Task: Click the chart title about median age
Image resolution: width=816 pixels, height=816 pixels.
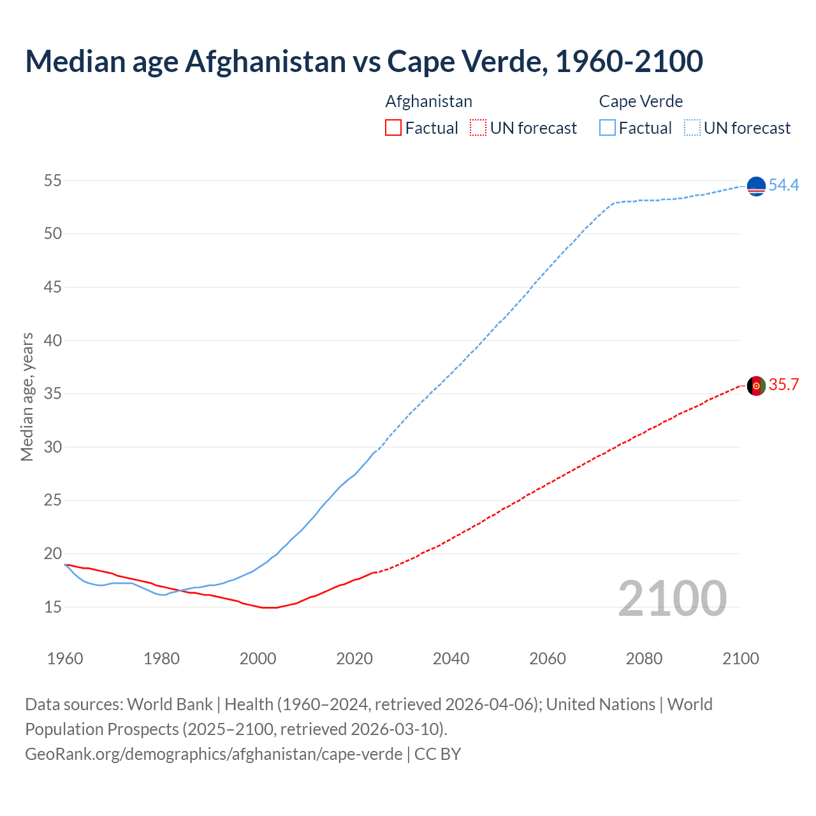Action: point(364,61)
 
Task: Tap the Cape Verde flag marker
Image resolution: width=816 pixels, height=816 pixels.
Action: point(756,186)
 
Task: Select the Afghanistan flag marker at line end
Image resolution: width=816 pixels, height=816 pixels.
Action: point(756,386)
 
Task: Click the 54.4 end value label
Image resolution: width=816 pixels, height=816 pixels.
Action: point(783,186)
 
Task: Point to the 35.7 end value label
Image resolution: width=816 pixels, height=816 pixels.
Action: point(783,385)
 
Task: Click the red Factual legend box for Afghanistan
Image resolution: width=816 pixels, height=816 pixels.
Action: point(393,128)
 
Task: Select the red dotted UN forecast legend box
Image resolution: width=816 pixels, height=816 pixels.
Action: point(478,128)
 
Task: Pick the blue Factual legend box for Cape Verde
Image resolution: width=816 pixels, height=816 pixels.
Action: point(608,128)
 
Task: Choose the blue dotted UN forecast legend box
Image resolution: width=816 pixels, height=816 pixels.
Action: point(692,128)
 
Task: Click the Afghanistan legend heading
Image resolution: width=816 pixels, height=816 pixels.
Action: point(428,101)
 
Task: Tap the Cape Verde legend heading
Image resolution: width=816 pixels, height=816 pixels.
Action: point(641,101)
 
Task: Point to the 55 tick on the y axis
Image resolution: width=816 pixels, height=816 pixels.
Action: point(53,181)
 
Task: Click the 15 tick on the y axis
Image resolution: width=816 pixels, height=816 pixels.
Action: point(53,607)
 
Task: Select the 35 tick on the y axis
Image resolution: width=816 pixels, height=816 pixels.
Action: point(53,394)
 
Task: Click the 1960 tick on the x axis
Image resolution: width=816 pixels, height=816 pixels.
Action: point(65,659)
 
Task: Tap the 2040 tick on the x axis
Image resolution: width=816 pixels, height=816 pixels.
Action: point(451,659)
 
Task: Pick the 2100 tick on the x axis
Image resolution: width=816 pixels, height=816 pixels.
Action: point(740,659)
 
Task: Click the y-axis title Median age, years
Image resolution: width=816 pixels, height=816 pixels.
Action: point(27,397)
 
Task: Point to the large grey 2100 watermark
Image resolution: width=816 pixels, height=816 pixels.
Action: point(672,599)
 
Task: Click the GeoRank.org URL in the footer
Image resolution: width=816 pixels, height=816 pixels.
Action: point(214,754)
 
